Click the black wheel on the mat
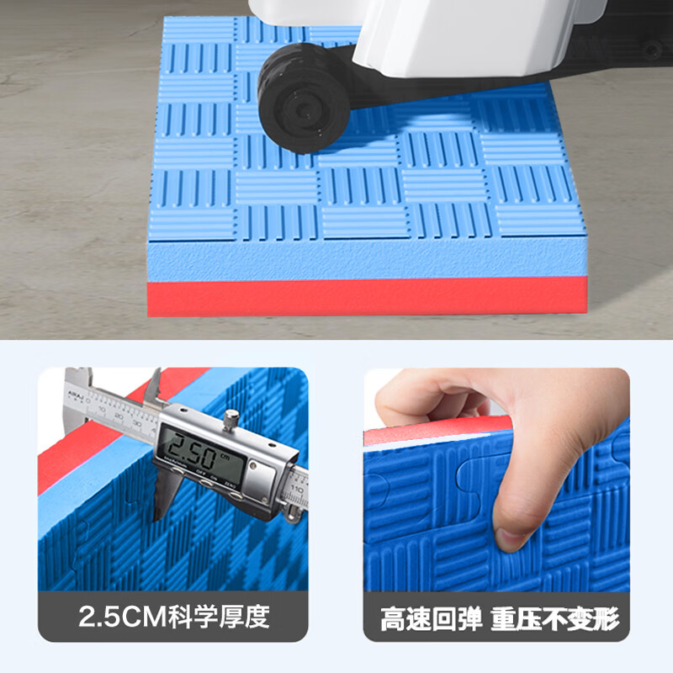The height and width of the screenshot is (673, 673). click(x=304, y=98)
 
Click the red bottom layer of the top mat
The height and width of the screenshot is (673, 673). click(x=367, y=298)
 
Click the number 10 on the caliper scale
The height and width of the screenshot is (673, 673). click(x=103, y=410)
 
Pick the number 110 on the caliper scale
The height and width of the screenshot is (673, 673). click(x=296, y=487)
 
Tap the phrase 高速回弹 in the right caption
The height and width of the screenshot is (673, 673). click(x=431, y=620)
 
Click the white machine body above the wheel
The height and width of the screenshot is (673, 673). click(x=437, y=34)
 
